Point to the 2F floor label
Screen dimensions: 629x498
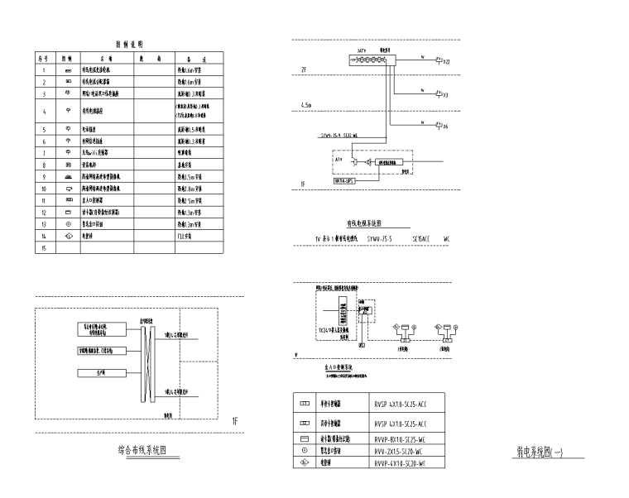[304, 71]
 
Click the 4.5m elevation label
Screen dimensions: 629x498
[306, 106]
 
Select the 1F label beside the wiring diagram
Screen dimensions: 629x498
[234, 421]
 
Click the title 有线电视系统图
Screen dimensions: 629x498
[364, 223]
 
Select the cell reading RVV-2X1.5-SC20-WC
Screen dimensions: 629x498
[400, 451]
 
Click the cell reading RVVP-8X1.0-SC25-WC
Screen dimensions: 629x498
[400, 438]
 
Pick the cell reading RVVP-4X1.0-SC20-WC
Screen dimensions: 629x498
[400, 464]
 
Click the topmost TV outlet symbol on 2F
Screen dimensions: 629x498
[439, 61]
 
